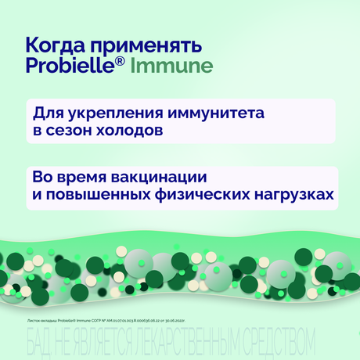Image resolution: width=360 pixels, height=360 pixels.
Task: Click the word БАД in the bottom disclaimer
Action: [41, 340]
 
